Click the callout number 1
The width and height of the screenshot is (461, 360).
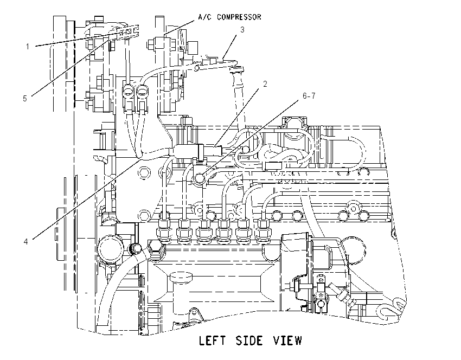28,47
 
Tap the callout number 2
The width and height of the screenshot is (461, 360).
265,84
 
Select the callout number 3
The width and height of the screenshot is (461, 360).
242,30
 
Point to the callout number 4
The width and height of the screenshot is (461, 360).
26,242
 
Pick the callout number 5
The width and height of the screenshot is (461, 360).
25,99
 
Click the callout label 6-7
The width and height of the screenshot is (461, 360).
309,96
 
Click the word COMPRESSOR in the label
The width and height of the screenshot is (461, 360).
239,17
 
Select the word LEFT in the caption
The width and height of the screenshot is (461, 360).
213,340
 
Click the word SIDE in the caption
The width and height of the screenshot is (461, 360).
249,340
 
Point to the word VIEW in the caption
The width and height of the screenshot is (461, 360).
287,340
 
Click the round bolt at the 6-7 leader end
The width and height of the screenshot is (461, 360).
199,178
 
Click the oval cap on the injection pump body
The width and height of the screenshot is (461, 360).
181,277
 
